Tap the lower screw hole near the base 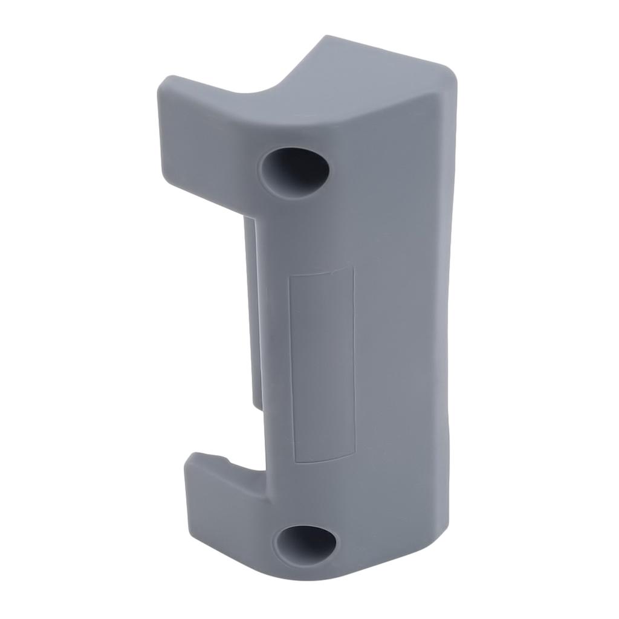pos(305,543)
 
